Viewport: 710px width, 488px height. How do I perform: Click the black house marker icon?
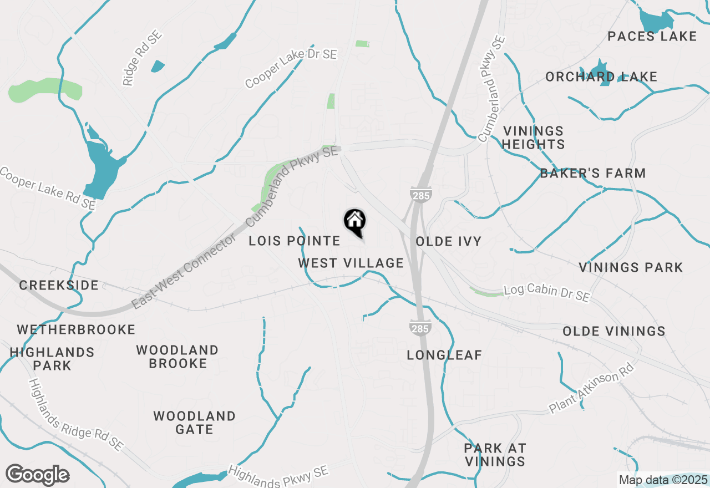tap(355, 222)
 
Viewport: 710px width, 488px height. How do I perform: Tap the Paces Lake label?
tap(652, 37)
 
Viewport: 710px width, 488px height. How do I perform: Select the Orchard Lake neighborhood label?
tap(601, 77)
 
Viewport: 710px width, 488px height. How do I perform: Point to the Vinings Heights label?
tap(534, 138)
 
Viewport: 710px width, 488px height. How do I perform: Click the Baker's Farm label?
tap(593, 174)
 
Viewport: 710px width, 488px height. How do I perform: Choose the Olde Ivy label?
tap(448, 242)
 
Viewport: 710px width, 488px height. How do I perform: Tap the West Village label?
tap(351, 263)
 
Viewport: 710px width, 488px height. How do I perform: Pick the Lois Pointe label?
tap(294, 241)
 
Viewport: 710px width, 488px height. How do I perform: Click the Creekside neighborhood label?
tap(59, 286)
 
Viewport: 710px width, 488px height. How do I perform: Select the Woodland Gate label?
tap(195, 423)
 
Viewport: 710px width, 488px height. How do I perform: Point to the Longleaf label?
tap(444, 355)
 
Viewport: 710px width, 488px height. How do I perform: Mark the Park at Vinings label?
tap(495, 455)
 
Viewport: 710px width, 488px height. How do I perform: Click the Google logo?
tap(37, 475)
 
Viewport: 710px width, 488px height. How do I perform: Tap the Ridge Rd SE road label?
tap(142, 58)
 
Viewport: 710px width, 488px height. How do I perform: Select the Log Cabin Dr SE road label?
tap(547, 294)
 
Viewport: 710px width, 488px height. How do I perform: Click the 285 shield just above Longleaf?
tap(420, 328)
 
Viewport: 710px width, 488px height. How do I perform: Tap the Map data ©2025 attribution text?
tap(663, 480)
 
